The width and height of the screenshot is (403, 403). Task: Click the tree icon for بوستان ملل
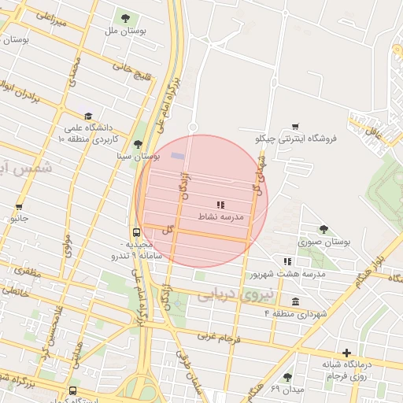click(125, 17)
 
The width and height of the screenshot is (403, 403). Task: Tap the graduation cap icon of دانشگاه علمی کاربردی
click(87, 116)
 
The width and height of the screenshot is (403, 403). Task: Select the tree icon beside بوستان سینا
click(139, 143)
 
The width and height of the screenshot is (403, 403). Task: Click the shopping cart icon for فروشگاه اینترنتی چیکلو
click(295, 126)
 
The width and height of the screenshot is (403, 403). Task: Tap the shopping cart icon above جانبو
click(19, 208)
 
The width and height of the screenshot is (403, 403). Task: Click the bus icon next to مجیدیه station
click(137, 232)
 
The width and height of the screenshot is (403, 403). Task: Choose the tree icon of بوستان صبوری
click(324, 229)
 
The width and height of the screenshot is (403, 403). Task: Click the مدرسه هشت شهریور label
click(288, 274)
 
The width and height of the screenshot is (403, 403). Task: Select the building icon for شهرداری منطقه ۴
click(295, 301)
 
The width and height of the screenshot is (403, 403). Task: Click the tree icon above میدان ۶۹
click(287, 377)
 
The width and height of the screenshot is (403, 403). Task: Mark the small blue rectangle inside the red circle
click(178, 156)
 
